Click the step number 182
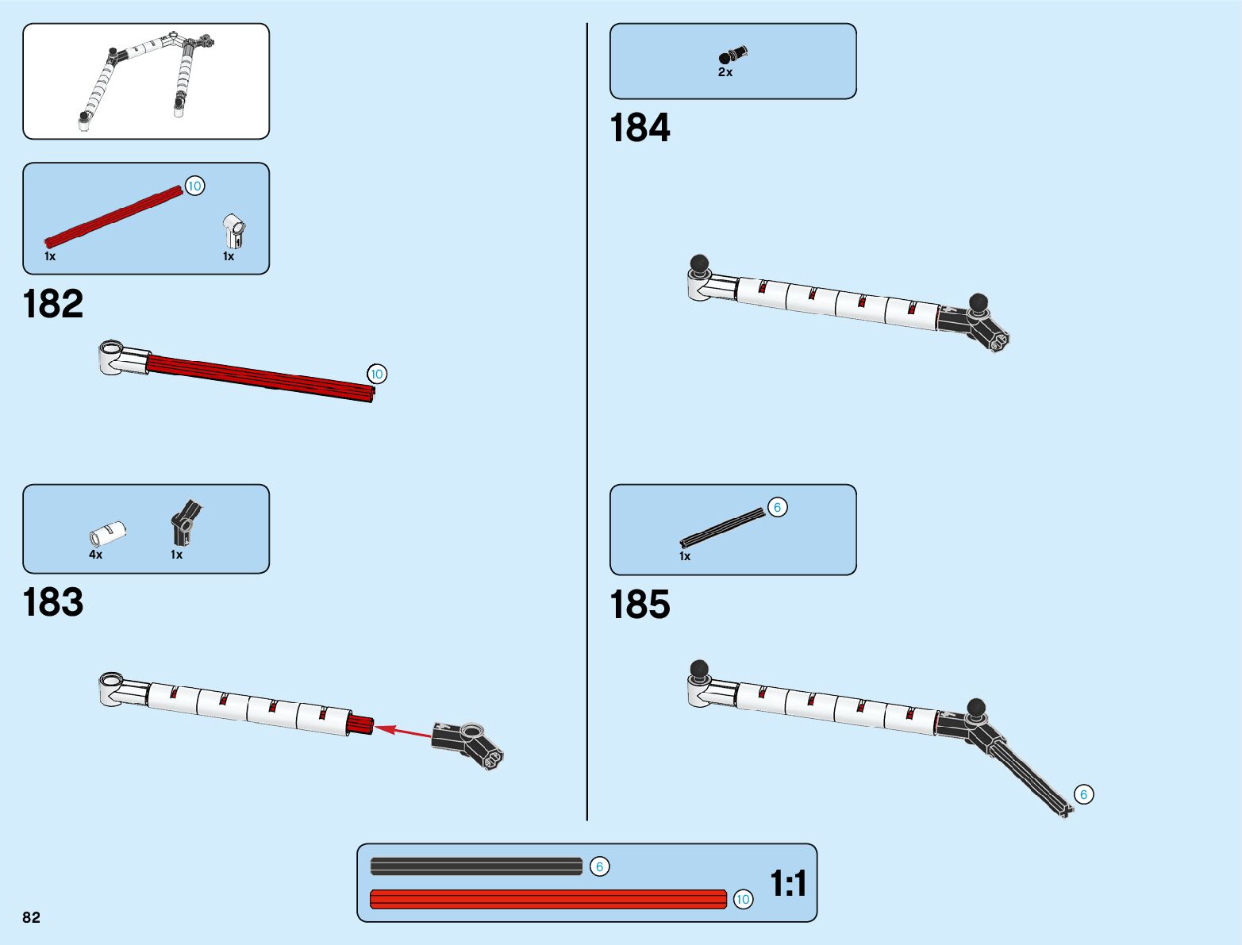(53, 305)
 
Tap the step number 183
(53, 602)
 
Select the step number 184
(640, 129)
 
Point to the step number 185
(640, 605)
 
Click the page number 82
(31, 917)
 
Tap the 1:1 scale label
(788, 883)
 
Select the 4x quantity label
(95, 555)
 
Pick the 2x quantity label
(725, 72)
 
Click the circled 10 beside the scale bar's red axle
(743, 899)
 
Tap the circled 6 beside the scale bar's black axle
(599, 866)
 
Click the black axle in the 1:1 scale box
(476, 866)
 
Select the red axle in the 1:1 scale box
(548, 899)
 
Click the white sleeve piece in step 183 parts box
(108, 532)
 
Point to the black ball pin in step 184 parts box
(733, 56)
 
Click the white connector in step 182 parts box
(233, 231)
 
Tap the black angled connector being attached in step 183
(469, 743)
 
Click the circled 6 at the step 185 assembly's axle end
(1083, 794)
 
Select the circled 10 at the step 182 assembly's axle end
(377, 374)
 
